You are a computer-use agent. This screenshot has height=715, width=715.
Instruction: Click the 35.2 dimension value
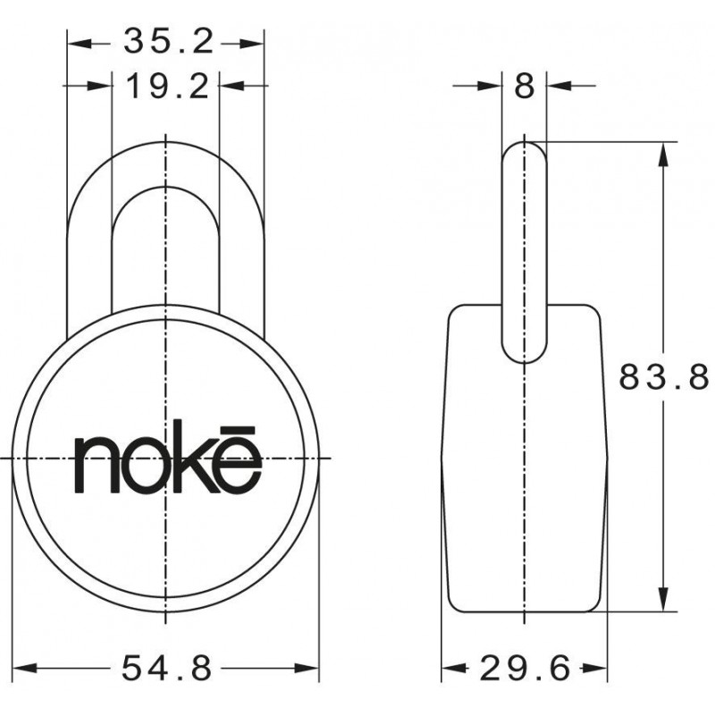point(168,41)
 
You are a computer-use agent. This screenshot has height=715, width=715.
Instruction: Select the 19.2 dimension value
point(167,87)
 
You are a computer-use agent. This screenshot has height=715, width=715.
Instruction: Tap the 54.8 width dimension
point(167,668)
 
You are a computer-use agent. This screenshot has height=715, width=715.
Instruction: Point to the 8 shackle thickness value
point(525,86)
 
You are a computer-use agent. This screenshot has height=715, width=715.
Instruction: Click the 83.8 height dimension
point(664,376)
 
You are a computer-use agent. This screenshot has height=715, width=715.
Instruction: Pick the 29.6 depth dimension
point(526,668)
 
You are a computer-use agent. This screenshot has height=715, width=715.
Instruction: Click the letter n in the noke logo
point(97,465)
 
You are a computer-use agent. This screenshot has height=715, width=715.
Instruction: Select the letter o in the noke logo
point(147,465)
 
